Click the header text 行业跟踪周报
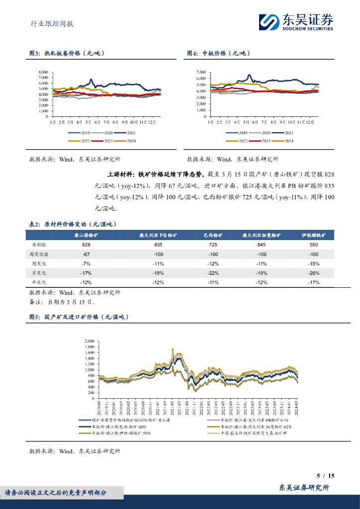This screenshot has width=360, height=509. [x=49, y=23]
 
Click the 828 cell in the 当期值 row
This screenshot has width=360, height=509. [x=86, y=245]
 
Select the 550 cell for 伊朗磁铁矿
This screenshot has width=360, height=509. [x=313, y=245]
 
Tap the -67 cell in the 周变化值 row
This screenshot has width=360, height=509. [x=86, y=254]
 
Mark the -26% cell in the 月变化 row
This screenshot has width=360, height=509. [x=313, y=273]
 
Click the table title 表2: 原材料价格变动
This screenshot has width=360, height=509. [x=74, y=225]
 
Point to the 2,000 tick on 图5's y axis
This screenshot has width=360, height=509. [x=89, y=341]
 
